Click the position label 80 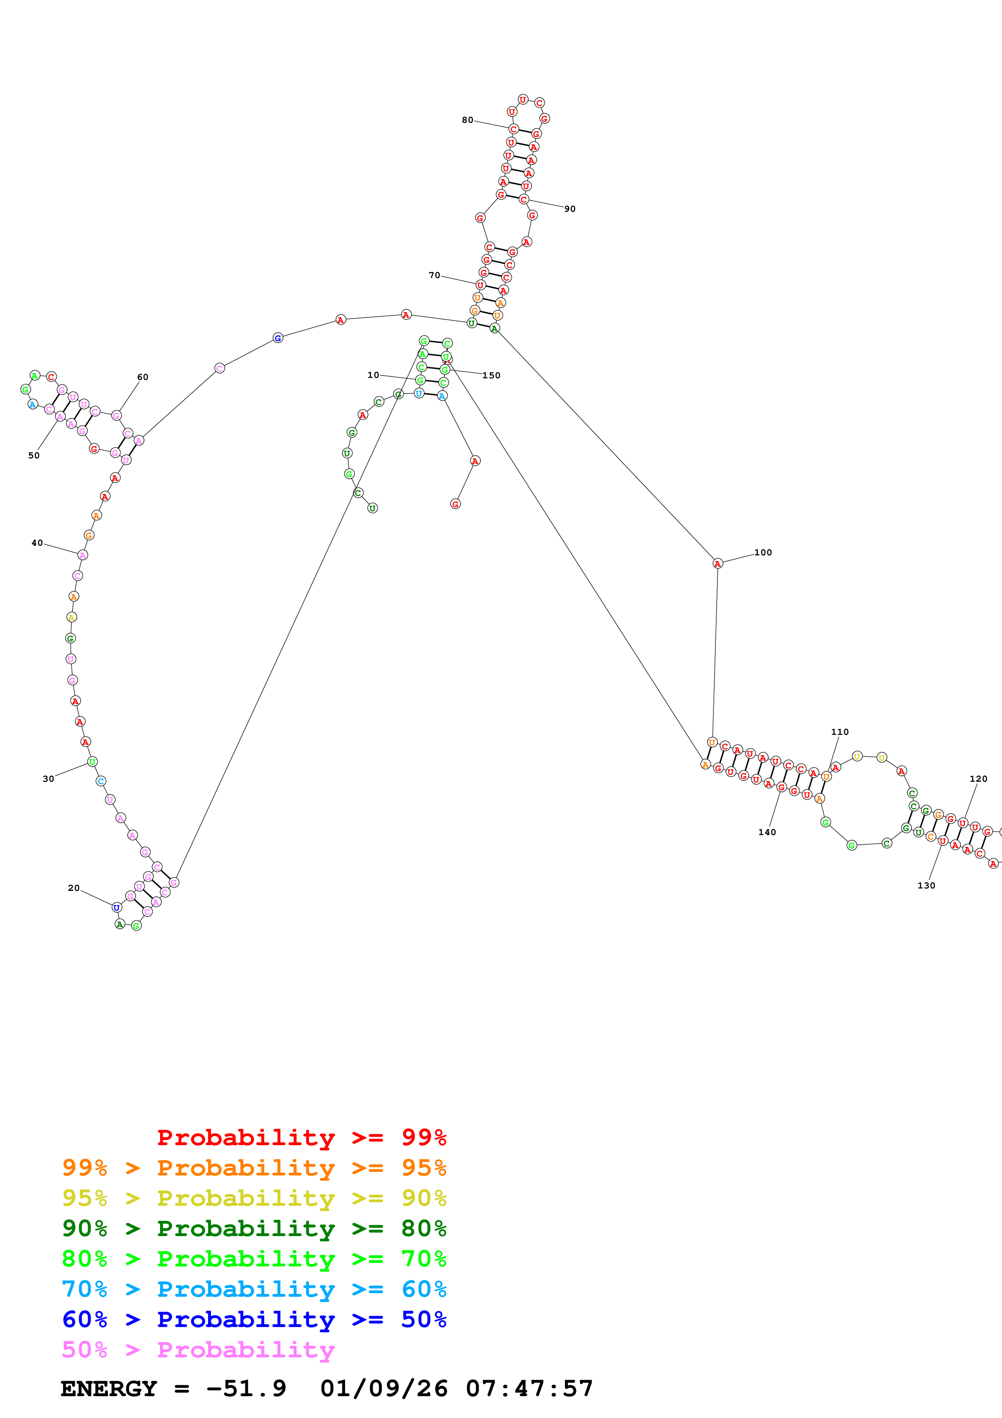pos(467,120)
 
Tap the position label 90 pos(570,209)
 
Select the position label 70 pos(435,275)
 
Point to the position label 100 pos(763,552)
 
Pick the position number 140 pos(767,832)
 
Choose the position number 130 pos(926,885)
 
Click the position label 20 pos(74,888)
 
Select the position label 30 pos(48,779)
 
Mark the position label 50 pos(34,455)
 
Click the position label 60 pos(143,377)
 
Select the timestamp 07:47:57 pos(529,1388)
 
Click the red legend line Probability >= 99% pos(301,1137)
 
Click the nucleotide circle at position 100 pos(717,563)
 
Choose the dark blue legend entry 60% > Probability pos(254,1319)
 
